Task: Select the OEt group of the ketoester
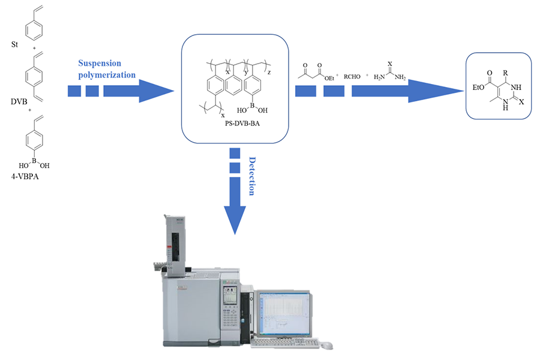click(329, 76)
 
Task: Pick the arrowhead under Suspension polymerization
click(155, 91)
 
